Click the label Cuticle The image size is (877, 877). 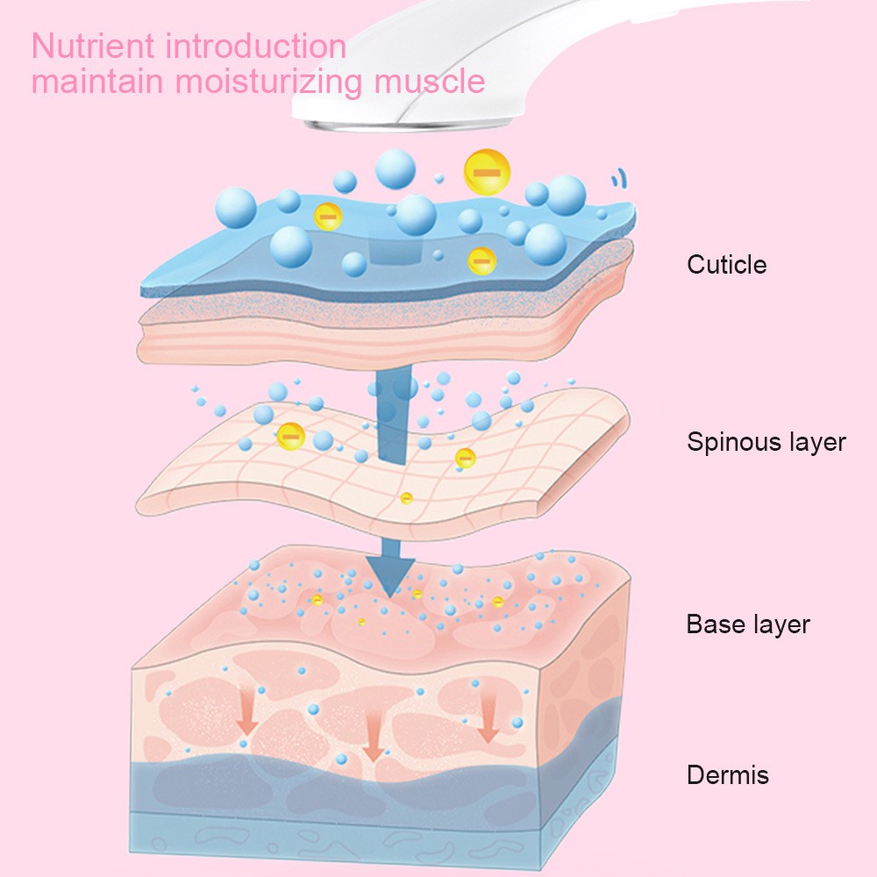pyautogui.click(x=726, y=265)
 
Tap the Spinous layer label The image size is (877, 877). pyautogui.click(x=766, y=442)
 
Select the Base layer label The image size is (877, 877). pyautogui.click(x=748, y=624)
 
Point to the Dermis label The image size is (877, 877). pyautogui.click(x=728, y=775)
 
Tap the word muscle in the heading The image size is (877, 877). pyautogui.click(x=430, y=82)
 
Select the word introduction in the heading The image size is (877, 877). pyautogui.click(x=256, y=46)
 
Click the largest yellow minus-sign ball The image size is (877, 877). pyautogui.click(x=487, y=172)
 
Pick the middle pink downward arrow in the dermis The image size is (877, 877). pyautogui.click(x=372, y=738)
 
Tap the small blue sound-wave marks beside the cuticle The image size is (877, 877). pyautogui.click(x=618, y=178)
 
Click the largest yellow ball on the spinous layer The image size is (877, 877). pyautogui.click(x=291, y=436)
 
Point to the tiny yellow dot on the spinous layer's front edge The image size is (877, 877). pyautogui.click(x=407, y=498)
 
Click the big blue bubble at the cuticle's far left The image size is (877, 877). pyautogui.click(x=236, y=208)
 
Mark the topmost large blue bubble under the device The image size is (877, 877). pyautogui.click(x=395, y=169)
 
